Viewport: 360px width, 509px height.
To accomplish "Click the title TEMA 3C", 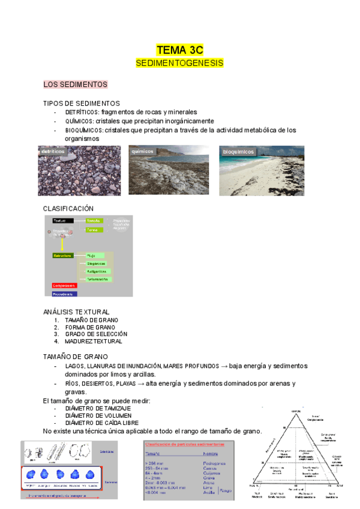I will click(179, 50).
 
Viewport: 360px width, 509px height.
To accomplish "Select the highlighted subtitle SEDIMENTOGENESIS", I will click(179, 62).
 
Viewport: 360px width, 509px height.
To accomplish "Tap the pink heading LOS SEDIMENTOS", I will click(75, 84).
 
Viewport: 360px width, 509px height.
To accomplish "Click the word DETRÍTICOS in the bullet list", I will click(82, 112).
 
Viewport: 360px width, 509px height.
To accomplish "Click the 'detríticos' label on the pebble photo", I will click(53, 152).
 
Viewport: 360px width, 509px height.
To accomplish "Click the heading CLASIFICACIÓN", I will click(68, 208).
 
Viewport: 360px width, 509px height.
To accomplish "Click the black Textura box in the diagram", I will click(62, 221).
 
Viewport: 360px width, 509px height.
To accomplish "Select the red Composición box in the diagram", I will click(64, 286).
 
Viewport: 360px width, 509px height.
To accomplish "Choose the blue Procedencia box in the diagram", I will click(64, 294).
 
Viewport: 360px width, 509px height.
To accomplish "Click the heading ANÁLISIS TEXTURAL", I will click(76, 312).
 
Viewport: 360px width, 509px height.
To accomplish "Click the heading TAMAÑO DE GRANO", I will click(75, 357).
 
